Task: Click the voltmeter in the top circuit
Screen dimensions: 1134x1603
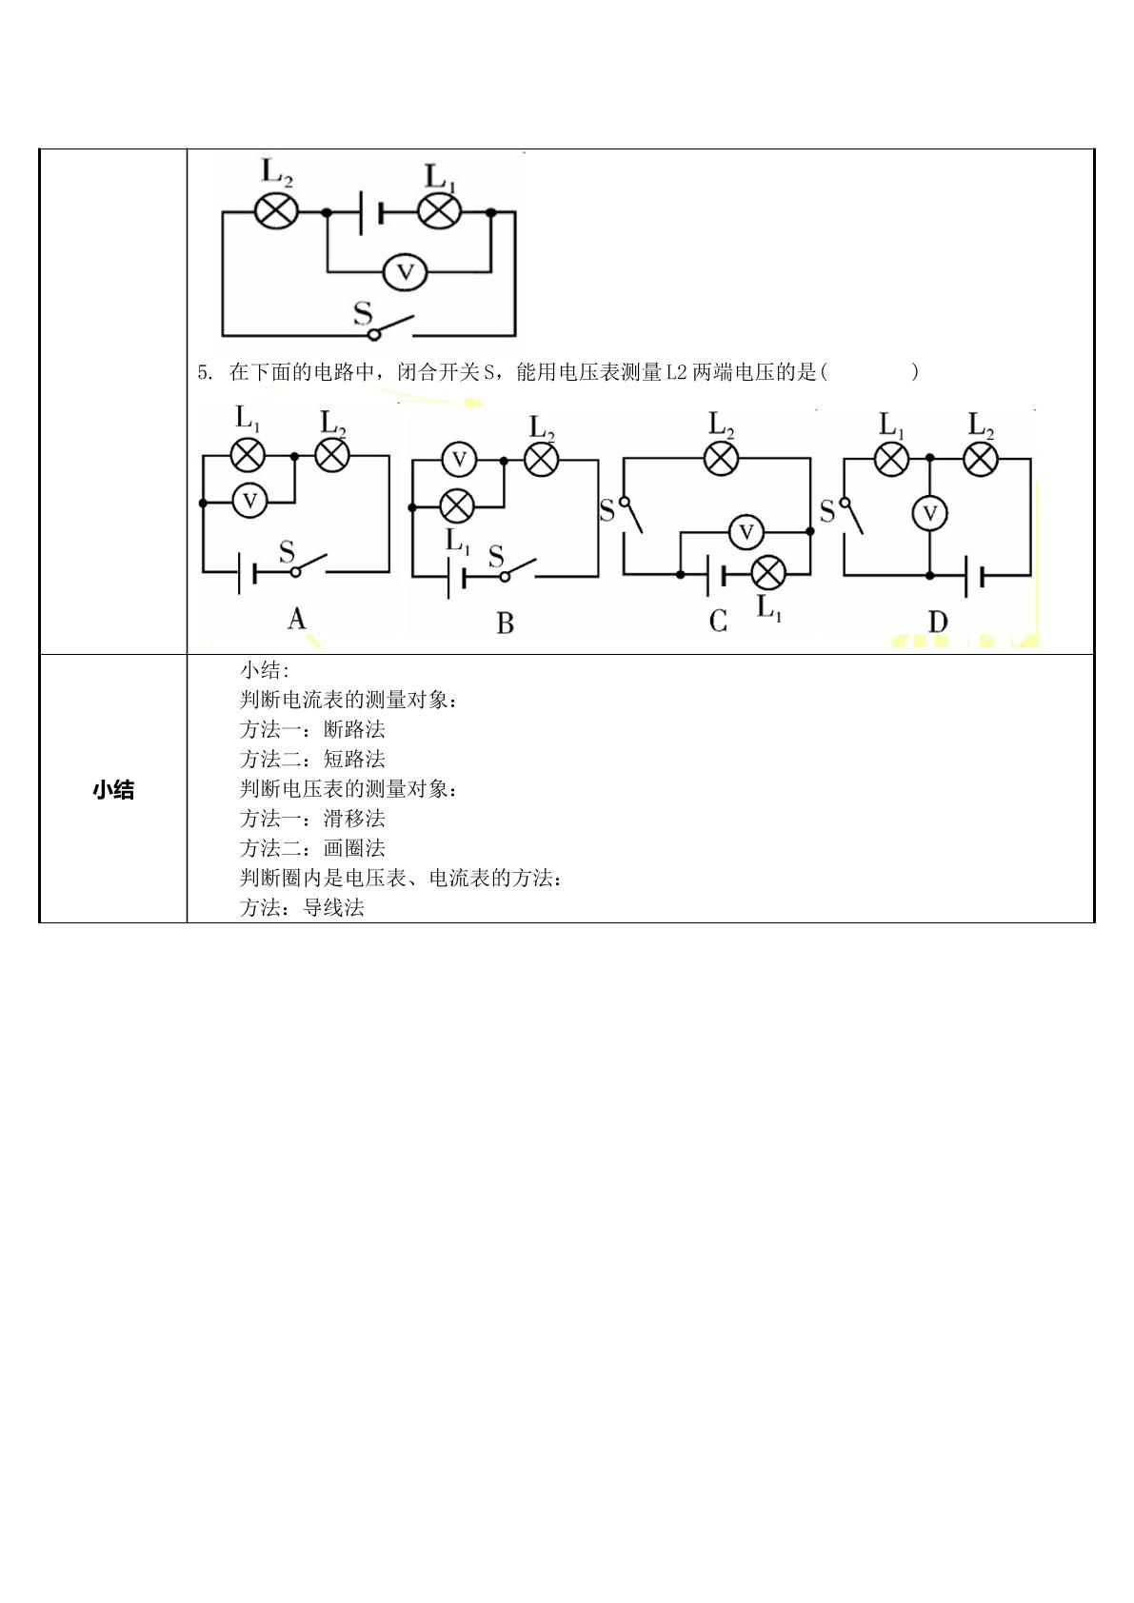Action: coord(405,272)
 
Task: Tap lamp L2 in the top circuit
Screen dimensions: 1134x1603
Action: coord(276,212)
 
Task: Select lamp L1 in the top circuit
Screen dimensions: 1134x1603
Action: coord(439,212)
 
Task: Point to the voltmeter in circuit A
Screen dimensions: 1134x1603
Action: coord(249,501)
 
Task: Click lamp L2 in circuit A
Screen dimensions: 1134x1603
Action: coord(332,455)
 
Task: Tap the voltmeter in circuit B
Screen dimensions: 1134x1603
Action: coord(459,460)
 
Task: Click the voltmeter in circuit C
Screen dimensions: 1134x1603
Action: coord(746,532)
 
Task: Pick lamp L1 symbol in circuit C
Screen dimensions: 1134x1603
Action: coord(768,573)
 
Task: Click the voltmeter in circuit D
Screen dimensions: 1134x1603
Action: coord(929,513)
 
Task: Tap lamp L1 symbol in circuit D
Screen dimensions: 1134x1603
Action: coord(891,459)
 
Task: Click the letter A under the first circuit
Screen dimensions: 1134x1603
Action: coord(296,619)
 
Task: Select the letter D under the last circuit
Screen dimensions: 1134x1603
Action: coord(937,622)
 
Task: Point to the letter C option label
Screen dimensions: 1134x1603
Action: coord(718,622)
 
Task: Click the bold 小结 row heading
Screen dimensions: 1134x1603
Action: coord(113,790)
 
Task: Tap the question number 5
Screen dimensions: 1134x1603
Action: coord(203,373)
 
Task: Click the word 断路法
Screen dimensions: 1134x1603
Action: coord(354,729)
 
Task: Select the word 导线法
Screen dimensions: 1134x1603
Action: coord(333,907)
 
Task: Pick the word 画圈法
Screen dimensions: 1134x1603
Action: coord(354,848)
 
